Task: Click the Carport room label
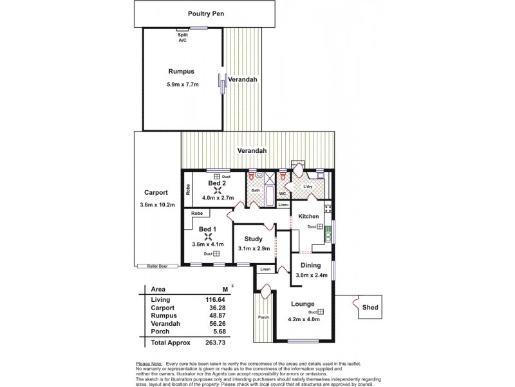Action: [156, 192]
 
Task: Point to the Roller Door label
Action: [148, 266]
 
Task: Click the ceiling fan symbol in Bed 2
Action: [218, 190]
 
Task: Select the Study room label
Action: [254, 239]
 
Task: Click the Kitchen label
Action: [308, 216]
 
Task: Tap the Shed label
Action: [370, 308]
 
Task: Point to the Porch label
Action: [263, 317]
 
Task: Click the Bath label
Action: [255, 190]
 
